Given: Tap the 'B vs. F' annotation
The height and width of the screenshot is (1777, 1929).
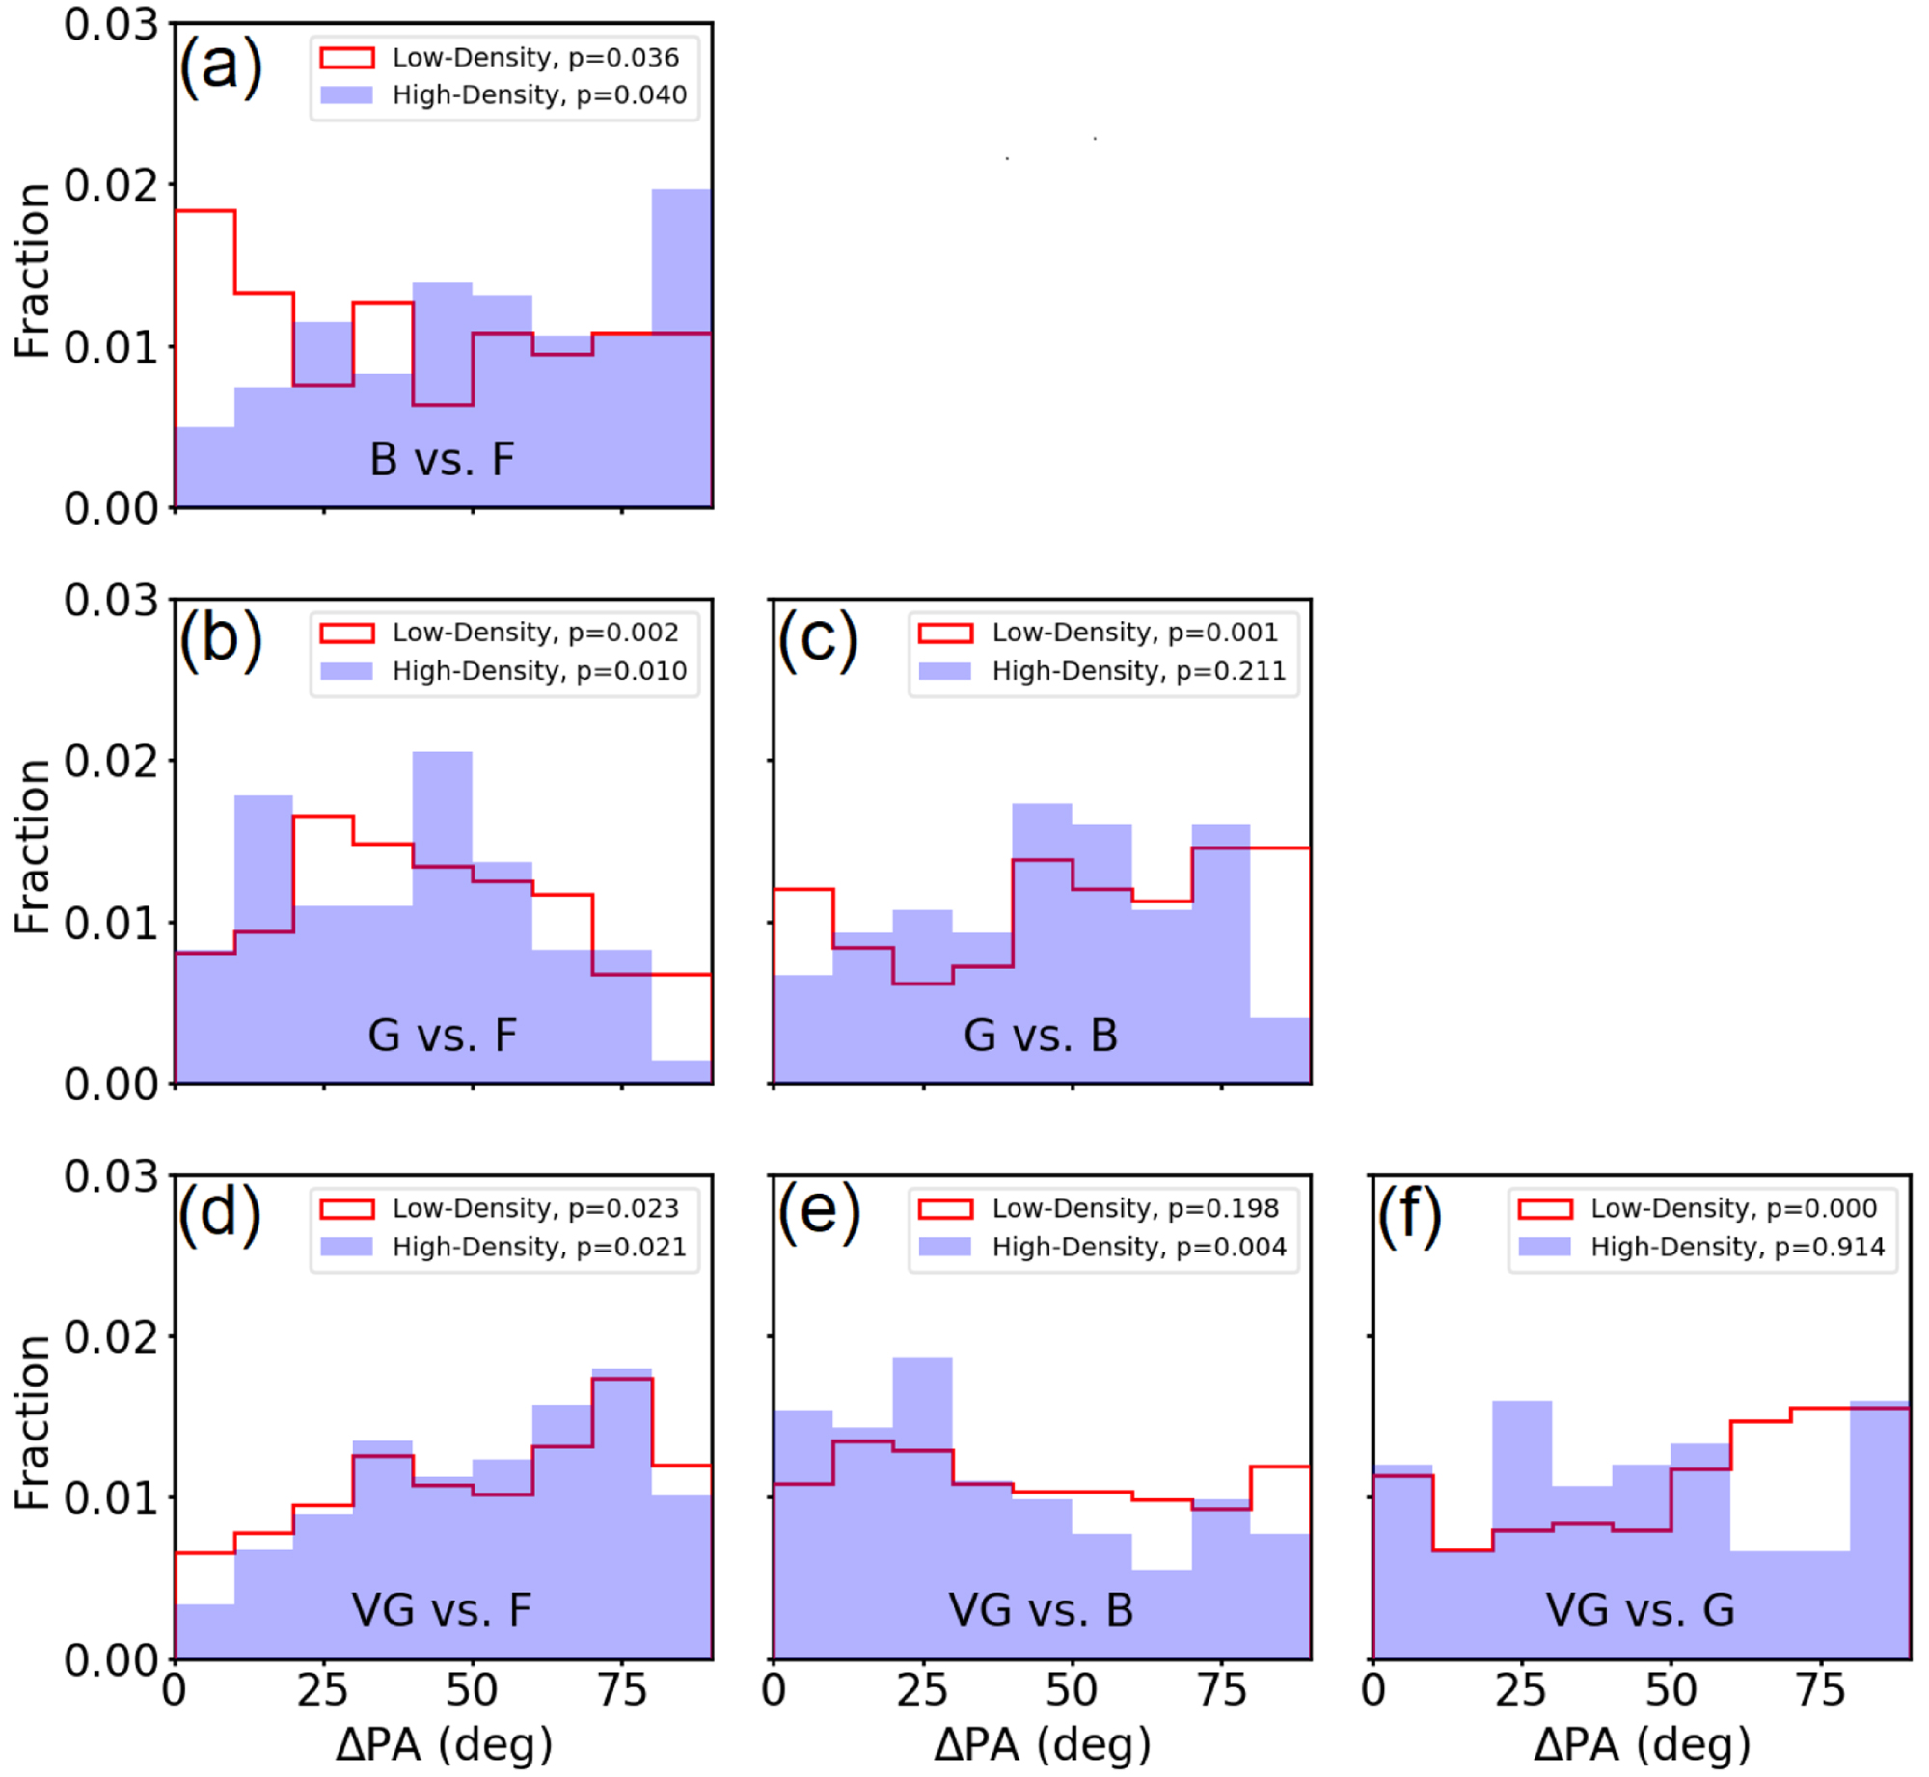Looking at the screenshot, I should pyautogui.click(x=442, y=459).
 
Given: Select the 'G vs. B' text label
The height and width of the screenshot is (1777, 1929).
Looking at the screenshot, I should pyautogui.click(x=1041, y=1036).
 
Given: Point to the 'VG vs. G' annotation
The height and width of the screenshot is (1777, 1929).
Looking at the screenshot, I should pyautogui.click(x=1640, y=1609).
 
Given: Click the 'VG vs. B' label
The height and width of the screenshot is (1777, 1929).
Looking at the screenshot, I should pyautogui.click(x=1041, y=1609).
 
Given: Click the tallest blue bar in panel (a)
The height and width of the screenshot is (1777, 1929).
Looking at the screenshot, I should pyautogui.click(x=681, y=347).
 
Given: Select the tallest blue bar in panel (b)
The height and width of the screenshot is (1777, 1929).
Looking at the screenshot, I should pyautogui.click(x=443, y=916).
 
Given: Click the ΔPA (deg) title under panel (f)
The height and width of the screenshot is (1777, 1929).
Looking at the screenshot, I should pyautogui.click(x=1642, y=1743).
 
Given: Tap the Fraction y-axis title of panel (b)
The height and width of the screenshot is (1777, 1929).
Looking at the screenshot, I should pyautogui.click(x=33, y=847).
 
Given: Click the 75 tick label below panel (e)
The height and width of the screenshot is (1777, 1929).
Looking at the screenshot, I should pyautogui.click(x=1222, y=1689).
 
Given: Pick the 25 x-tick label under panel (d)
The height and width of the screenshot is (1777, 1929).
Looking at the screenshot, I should pyautogui.click(x=322, y=1689).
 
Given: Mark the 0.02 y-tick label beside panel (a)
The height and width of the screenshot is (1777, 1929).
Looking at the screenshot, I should pyautogui.click(x=111, y=185).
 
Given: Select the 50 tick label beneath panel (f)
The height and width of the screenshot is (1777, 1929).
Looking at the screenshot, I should pyautogui.click(x=1671, y=1689).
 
